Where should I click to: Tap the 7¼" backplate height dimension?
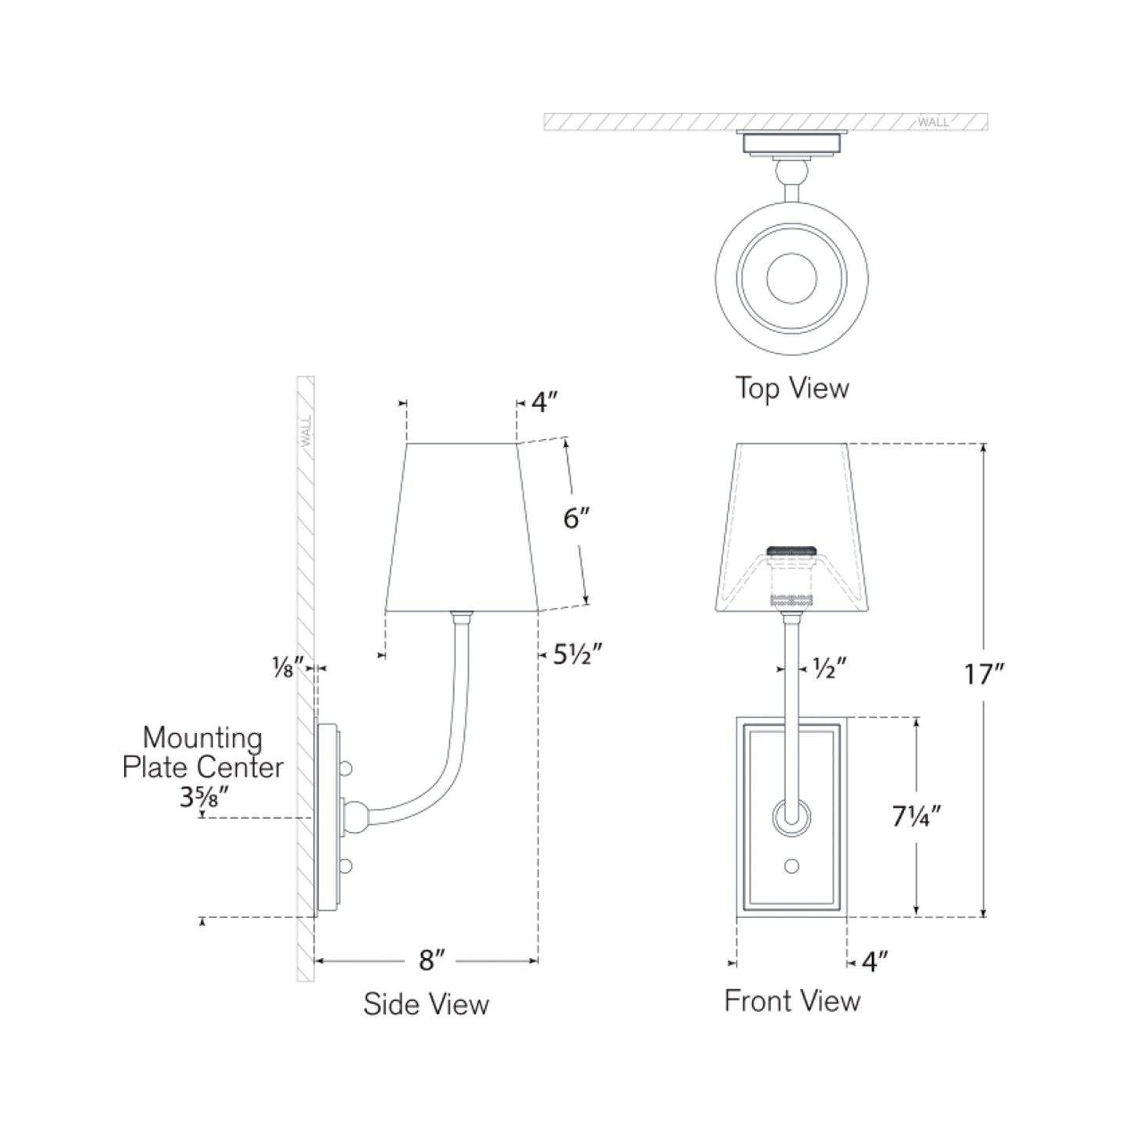click(916, 816)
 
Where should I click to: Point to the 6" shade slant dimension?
click(576, 517)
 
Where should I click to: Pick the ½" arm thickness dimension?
click(830, 668)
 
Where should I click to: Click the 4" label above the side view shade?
click(545, 402)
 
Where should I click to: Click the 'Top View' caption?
click(791, 388)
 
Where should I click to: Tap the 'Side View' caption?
click(426, 1004)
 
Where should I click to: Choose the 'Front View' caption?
click(791, 1001)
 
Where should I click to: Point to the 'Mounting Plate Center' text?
click(202, 752)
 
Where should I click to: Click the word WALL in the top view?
click(933, 122)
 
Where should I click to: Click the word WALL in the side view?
click(305, 431)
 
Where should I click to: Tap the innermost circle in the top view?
click(791, 278)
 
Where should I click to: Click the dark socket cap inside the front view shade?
click(792, 550)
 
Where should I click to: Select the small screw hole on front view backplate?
click(791, 866)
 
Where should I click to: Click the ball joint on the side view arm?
click(356, 816)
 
